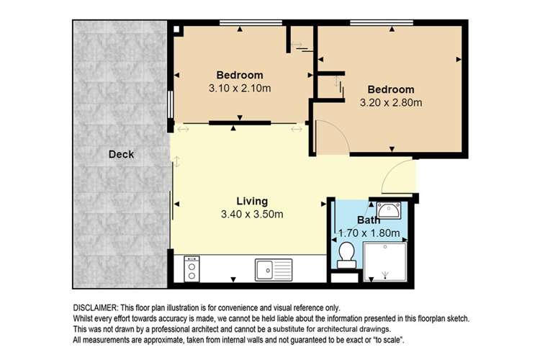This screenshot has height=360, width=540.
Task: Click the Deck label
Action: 121,154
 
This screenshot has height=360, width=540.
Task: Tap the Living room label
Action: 252,201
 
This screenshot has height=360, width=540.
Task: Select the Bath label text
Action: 369,220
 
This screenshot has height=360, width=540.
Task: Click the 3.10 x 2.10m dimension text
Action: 240,89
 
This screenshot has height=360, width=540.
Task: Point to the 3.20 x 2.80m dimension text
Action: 390,102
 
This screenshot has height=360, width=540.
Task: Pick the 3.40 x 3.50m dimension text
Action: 252,214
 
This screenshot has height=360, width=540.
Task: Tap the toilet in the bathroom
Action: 347,253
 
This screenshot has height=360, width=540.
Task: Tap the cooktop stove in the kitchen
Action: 192,269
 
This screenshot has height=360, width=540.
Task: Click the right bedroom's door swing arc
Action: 331,137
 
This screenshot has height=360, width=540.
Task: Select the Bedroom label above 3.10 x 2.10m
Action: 240,75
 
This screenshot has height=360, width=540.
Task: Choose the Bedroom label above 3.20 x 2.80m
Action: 390,89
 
